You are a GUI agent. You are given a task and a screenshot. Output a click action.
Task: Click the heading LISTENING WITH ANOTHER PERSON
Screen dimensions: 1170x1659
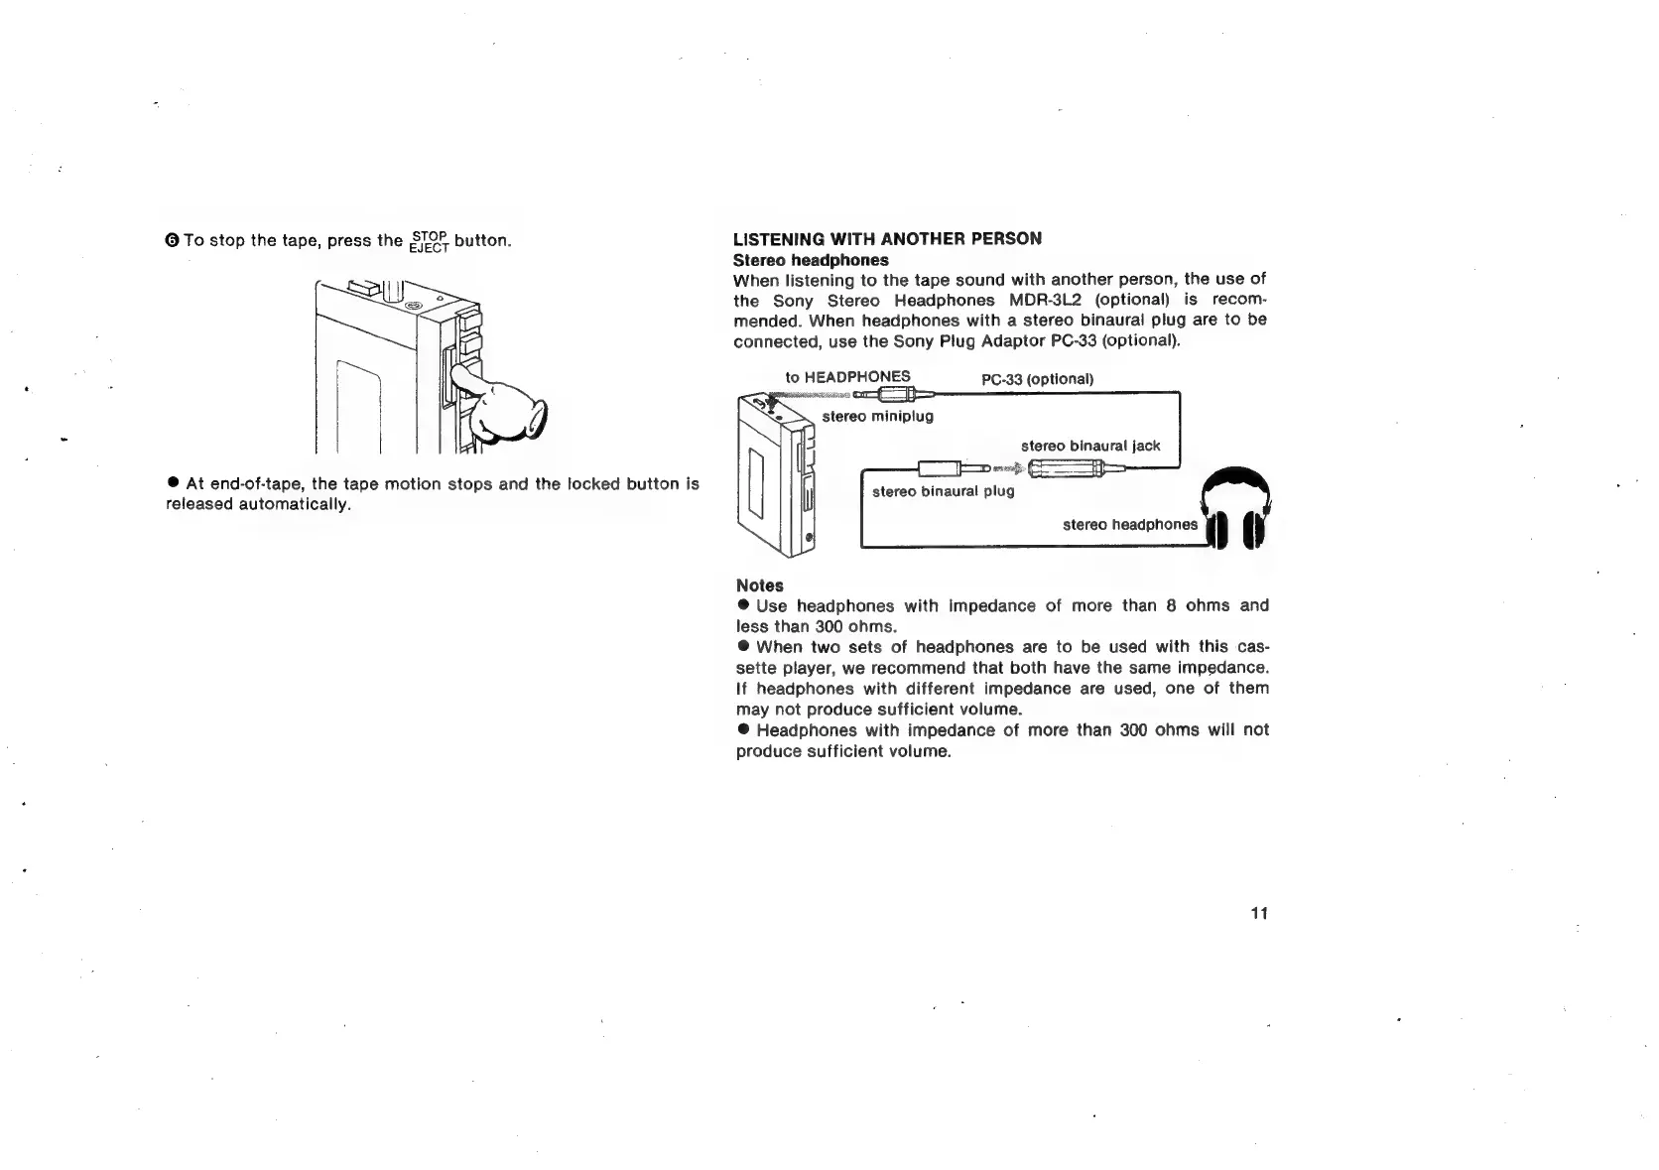click(887, 239)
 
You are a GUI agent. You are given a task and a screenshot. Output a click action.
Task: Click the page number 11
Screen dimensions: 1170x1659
click(1259, 914)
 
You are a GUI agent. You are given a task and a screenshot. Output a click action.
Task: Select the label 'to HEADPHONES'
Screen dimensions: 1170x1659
click(847, 377)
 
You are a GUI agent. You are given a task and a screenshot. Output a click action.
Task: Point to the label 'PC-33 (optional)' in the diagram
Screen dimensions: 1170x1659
click(1037, 379)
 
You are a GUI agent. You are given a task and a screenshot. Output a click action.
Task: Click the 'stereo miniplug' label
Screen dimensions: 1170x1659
click(877, 416)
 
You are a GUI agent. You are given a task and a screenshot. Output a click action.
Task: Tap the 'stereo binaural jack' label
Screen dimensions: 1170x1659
click(1089, 446)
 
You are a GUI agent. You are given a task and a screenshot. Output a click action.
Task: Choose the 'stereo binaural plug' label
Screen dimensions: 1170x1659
click(943, 491)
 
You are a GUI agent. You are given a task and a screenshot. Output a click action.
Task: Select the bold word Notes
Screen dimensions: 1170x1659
click(759, 585)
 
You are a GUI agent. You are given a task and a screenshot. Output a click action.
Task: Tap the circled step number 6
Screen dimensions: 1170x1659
click(172, 241)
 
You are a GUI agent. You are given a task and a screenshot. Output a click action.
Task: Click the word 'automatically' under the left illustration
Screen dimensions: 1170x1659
click(300, 504)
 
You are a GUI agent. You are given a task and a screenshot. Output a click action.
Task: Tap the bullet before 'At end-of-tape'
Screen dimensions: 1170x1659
click(173, 483)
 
